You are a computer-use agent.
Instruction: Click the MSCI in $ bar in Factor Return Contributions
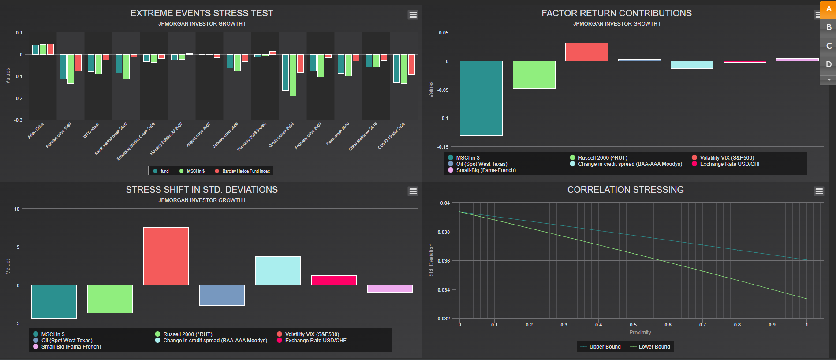click(x=481, y=98)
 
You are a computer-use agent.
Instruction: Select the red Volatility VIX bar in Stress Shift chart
click(x=166, y=256)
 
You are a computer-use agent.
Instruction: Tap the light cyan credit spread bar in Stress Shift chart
click(x=278, y=270)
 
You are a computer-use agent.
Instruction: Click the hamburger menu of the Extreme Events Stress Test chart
click(x=413, y=15)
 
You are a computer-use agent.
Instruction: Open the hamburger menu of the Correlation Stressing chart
click(x=819, y=191)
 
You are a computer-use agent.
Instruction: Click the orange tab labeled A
click(x=828, y=9)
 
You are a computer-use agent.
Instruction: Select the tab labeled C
click(x=828, y=45)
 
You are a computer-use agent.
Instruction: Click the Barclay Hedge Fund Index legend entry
click(x=246, y=171)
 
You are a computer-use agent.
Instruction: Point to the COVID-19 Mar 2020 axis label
click(x=392, y=136)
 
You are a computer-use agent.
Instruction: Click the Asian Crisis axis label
click(x=36, y=131)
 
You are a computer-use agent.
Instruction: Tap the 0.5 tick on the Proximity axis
click(x=633, y=325)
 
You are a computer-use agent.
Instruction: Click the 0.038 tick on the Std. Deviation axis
click(x=444, y=232)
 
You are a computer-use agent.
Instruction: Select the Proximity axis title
click(x=640, y=333)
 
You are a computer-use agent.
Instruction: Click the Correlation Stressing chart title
click(x=625, y=190)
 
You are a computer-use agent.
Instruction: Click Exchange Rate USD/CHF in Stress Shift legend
click(x=315, y=341)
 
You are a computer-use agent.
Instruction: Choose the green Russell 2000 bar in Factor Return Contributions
click(x=534, y=75)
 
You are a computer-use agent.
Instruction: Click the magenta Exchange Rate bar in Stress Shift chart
click(x=334, y=280)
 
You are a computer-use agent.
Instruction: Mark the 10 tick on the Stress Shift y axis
click(x=17, y=209)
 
